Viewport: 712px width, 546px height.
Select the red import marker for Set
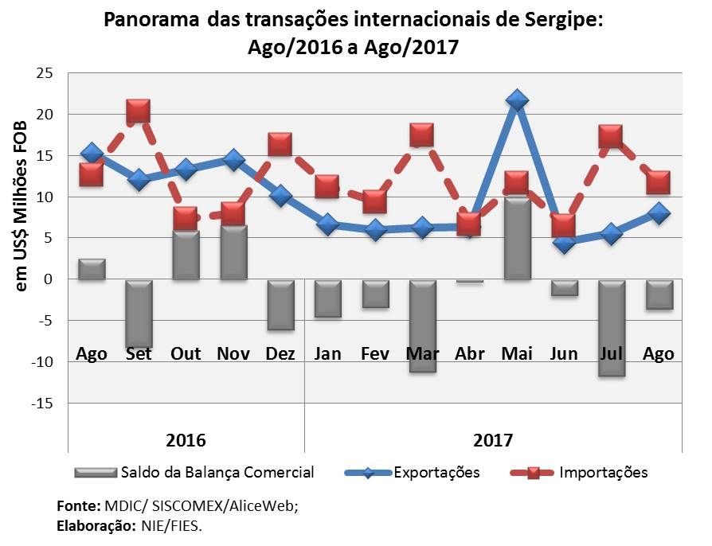(138, 111)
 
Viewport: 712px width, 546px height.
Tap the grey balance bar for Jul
(611, 327)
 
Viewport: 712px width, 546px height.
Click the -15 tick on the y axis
(41, 404)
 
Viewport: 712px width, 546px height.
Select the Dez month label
(280, 353)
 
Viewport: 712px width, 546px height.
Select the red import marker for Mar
(421, 135)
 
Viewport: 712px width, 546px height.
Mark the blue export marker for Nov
(233, 160)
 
